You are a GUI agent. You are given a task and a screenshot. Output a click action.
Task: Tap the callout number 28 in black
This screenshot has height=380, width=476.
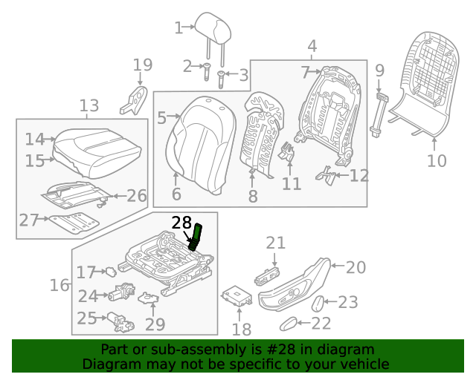pyautogui.click(x=181, y=223)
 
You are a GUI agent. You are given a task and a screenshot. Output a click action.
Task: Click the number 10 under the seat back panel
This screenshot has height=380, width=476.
pyautogui.click(x=437, y=160)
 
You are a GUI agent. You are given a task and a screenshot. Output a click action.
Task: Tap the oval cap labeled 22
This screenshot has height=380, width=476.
pyautogui.click(x=288, y=323)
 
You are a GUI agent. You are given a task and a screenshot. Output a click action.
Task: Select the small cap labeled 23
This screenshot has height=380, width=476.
pyautogui.click(x=315, y=303)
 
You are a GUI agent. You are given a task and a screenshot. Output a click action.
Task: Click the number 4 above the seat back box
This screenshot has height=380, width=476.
pyautogui.click(x=312, y=46)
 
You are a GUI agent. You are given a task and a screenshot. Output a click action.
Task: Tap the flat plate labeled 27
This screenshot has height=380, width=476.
pyautogui.click(x=74, y=221)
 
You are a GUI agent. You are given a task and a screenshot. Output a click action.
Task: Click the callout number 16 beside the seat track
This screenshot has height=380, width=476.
pyautogui.click(x=59, y=285)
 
